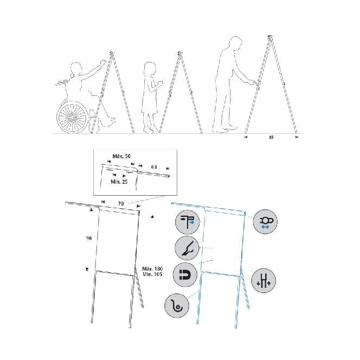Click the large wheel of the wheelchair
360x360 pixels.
(73, 117)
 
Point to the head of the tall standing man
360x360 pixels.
(234, 43)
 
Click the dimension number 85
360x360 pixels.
(271, 138)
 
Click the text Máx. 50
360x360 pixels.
(121, 156)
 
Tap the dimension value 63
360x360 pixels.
(153, 168)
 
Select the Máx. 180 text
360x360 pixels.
(152, 268)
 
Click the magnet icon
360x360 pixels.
(185, 275)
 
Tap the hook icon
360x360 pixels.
(177, 307)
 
